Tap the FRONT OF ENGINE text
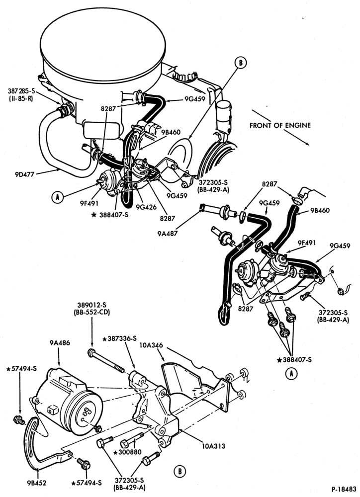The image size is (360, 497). point(280,125)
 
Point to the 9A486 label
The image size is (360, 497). point(60,342)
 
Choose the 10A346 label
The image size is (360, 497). point(151,345)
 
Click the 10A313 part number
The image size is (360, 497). point(213,446)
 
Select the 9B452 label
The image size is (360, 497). point(37,483)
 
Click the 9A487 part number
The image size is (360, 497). point(168,233)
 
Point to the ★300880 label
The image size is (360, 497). point(131,452)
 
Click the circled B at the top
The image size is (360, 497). point(241,63)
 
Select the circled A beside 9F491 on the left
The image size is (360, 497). point(57,198)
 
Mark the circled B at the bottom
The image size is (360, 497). point(180,471)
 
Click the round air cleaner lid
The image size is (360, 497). point(103,44)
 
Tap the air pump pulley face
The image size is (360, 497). point(86,413)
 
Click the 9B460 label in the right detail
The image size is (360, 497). point(320,210)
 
